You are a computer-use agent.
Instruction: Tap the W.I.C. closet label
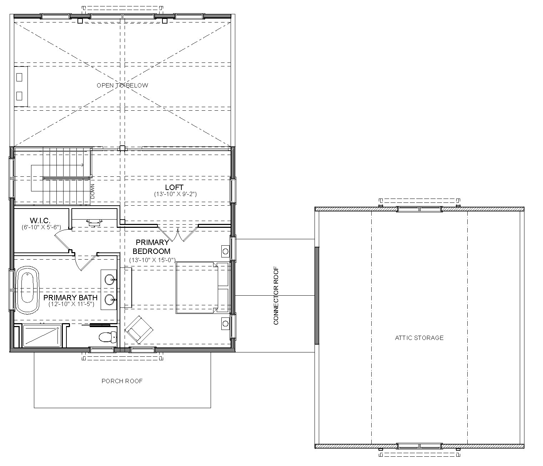click(x=40, y=220)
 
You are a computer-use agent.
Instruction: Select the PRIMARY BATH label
click(x=70, y=297)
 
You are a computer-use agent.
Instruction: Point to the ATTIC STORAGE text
click(x=419, y=338)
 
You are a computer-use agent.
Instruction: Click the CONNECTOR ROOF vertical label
click(x=276, y=296)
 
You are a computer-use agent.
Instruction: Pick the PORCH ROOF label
click(x=122, y=381)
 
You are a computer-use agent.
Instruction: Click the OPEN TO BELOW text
click(x=122, y=85)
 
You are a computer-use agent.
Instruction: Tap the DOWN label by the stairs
click(x=92, y=191)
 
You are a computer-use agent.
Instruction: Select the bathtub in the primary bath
click(x=27, y=290)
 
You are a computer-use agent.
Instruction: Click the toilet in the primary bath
click(x=108, y=337)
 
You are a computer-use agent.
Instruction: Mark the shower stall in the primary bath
click(x=42, y=336)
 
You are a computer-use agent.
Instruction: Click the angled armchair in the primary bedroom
click(x=139, y=330)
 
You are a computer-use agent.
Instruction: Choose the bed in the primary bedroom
click(x=202, y=287)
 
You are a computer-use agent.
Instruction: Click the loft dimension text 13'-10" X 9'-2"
click(x=175, y=194)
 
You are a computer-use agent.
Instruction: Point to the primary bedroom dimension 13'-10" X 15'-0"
click(x=152, y=260)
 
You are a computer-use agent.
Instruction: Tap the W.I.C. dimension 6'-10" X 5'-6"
click(x=41, y=227)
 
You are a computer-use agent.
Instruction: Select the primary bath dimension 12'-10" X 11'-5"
click(x=71, y=304)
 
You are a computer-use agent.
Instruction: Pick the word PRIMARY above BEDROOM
click(x=152, y=242)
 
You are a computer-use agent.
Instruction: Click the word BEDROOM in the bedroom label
click(x=152, y=251)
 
